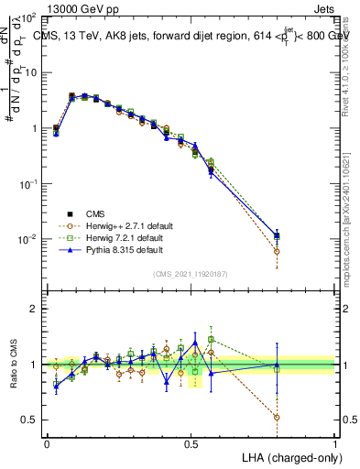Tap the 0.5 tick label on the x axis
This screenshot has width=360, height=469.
click(191, 442)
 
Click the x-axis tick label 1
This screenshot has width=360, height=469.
click(335, 442)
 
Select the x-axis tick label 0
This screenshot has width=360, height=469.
click(47, 442)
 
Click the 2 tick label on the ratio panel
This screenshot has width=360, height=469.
click(34, 309)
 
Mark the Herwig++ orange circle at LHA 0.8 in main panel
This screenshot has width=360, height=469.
click(277, 251)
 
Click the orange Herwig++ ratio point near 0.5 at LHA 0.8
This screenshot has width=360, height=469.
click(277, 417)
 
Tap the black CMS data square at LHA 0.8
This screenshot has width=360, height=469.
click(277, 235)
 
